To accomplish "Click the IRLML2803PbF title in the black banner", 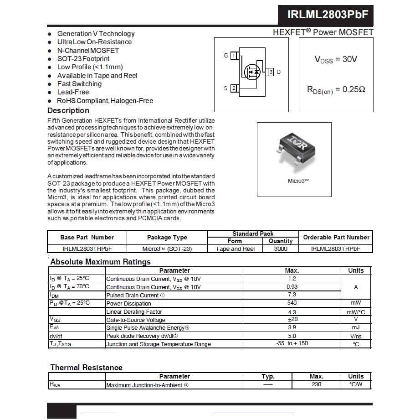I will click(328, 15).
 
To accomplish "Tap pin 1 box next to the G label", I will click(234, 56).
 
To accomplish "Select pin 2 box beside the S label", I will click(234, 88).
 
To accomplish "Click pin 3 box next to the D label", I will click(271, 72).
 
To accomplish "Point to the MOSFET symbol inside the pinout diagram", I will click(252, 72).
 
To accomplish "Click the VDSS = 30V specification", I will click(336, 60).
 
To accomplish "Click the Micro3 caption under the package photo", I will click(298, 181).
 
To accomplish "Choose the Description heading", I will click(68, 111).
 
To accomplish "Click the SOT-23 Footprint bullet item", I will click(83, 59).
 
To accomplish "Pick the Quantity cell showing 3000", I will click(281, 249).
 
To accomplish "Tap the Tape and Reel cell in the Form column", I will click(235, 249).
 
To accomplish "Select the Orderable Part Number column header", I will click(336, 238).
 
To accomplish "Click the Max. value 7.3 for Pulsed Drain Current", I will click(292, 295).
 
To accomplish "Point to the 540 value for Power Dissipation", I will click(292, 303).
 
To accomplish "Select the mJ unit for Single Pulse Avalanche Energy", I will click(356, 328).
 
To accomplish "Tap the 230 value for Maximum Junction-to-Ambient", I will click(316, 384).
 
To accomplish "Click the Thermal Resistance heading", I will click(86, 368).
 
